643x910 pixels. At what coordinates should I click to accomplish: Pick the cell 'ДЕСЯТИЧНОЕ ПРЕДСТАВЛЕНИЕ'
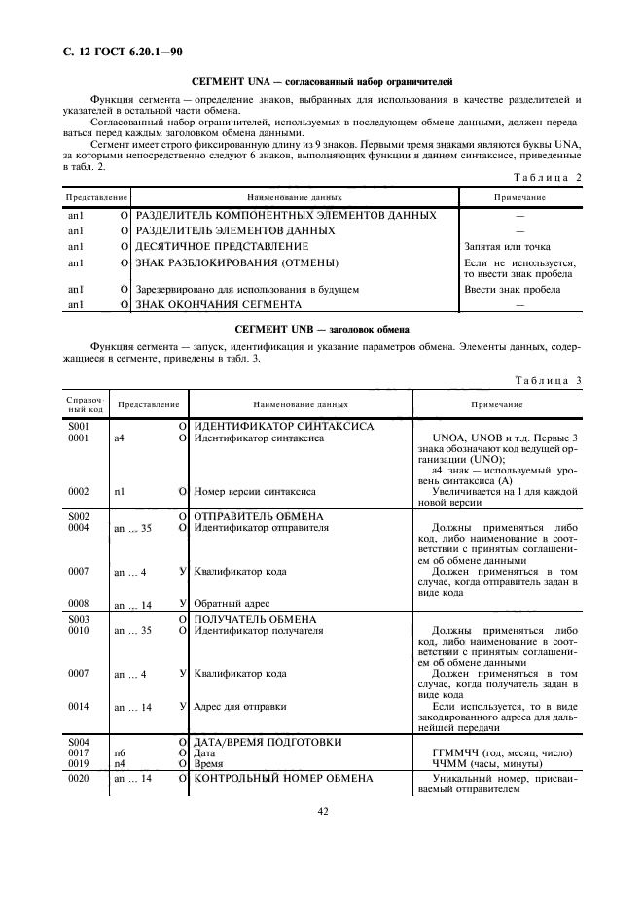[222, 247]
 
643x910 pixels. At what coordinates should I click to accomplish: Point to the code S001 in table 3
[78, 427]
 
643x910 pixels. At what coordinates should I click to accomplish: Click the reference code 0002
[78, 492]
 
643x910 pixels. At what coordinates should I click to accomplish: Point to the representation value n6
[120, 753]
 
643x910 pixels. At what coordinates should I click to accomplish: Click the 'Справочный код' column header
[78, 403]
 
